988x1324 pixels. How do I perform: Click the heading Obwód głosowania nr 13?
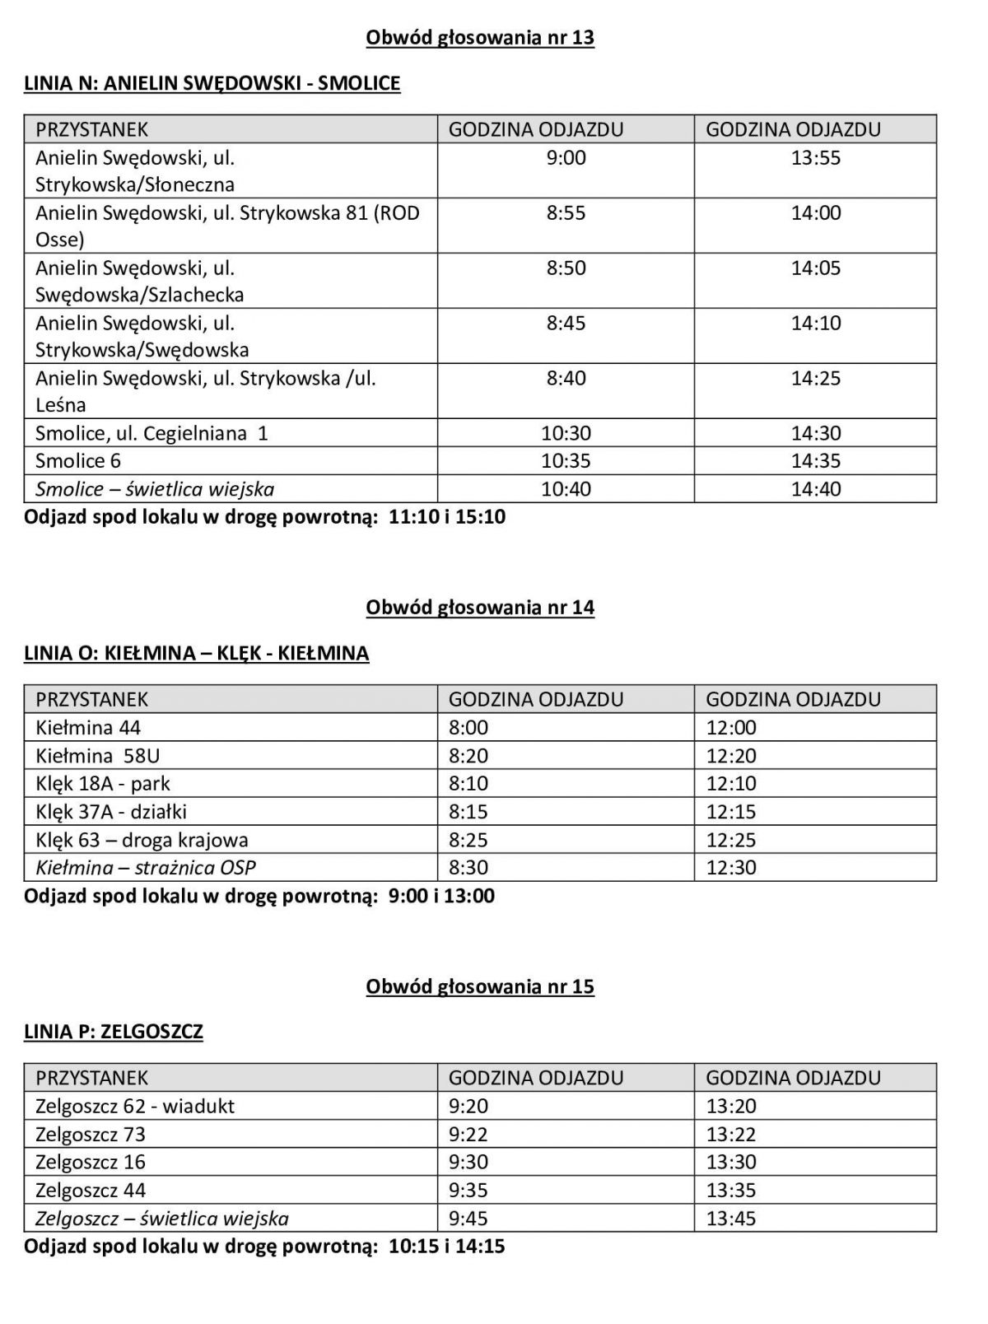coord(480,38)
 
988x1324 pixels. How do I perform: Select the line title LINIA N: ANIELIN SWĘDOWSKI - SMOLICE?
coord(212,83)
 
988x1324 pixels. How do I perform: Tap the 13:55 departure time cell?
coord(816,158)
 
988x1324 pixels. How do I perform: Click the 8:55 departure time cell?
coord(566,213)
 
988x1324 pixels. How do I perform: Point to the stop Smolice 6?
coord(78,461)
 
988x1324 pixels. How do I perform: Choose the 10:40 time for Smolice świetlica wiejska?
coord(566,489)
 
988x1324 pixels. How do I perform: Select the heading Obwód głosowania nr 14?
coord(480,608)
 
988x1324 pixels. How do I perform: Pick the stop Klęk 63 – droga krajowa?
coord(142,840)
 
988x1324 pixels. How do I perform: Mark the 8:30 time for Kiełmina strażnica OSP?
coord(468,868)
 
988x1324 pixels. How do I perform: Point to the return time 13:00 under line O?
coord(469,896)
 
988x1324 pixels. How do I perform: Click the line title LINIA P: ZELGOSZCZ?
coord(114,1032)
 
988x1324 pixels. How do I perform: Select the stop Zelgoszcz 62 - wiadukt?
coord(135,1106)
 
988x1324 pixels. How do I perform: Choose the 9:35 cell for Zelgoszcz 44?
coord(468,1191)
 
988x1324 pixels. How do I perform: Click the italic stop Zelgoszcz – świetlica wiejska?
coord(162,1219)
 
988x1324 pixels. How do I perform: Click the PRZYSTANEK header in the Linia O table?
coord(91,700)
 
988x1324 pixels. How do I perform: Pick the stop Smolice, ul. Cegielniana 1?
coord(151,433)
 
